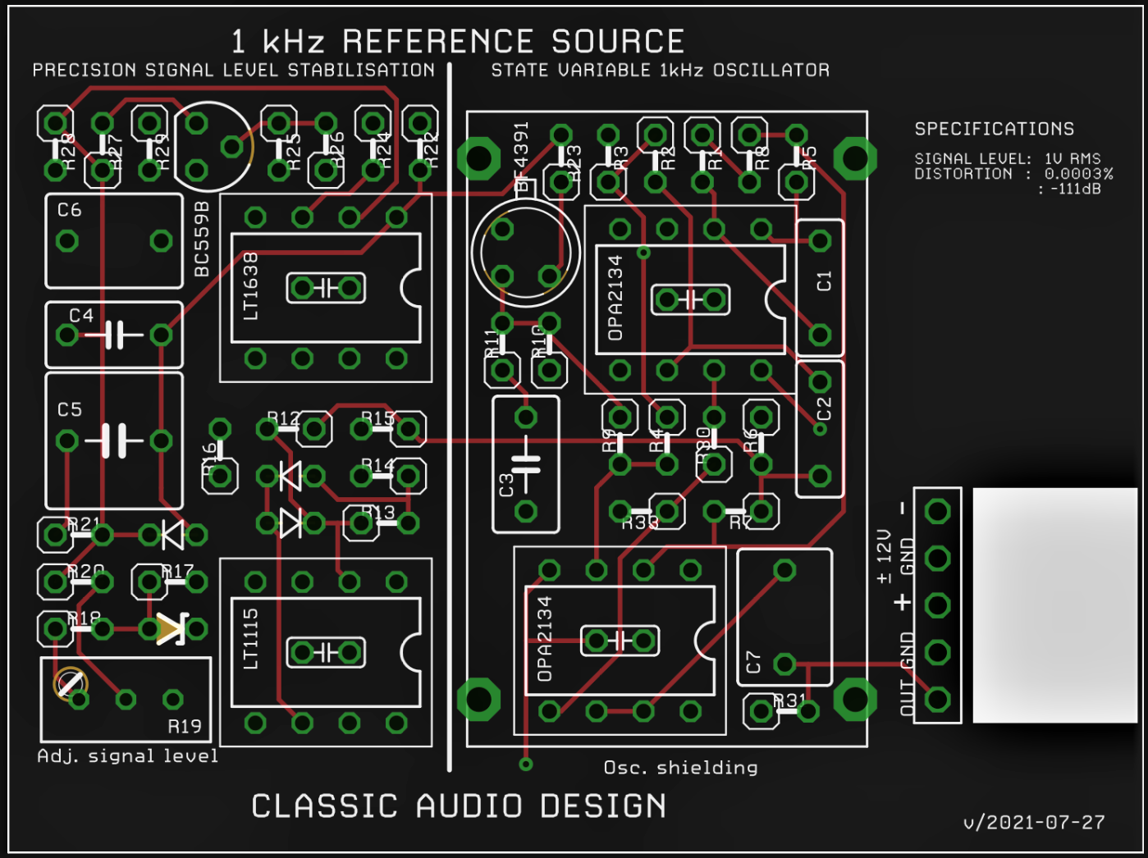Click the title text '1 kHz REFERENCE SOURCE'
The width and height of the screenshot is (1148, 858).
[457, 42]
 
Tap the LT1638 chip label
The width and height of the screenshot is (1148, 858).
[251, 286]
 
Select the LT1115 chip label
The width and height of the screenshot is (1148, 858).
[251, 639]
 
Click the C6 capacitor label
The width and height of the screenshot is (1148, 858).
[70, 211]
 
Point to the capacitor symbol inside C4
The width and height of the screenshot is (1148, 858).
[114, 335]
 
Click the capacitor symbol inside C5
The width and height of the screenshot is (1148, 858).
[114, 440]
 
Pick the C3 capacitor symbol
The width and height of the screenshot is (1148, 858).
[525, 464]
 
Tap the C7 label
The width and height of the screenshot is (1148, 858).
[753, 662]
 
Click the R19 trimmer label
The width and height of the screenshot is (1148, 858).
[184, 727]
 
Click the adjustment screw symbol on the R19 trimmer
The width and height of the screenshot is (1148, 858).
[71, 683]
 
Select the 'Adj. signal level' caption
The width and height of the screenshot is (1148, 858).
[128, 756]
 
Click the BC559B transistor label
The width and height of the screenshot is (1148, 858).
[202, 240]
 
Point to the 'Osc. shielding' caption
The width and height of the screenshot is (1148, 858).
[680, 768]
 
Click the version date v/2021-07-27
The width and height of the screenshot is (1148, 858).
[1034, 822]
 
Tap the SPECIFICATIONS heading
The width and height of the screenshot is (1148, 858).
[994, 129]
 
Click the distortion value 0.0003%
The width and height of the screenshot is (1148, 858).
[1078, 174]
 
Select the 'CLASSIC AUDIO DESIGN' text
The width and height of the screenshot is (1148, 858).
[459, 806]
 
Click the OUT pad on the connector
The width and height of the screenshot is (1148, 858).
[937, 700]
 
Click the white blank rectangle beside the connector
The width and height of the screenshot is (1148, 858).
[1054, 605]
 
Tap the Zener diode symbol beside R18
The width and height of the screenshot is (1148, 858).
[172, 629]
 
